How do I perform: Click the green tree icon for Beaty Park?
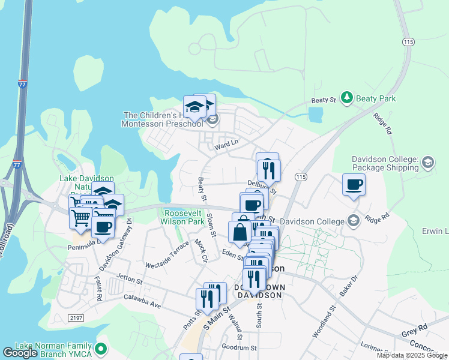346,97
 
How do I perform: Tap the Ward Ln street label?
227,143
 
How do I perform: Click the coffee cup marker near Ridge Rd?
354,184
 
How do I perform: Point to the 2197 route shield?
76,317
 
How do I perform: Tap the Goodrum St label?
239,347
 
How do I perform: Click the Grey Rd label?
414,328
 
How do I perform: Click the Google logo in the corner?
20,353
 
